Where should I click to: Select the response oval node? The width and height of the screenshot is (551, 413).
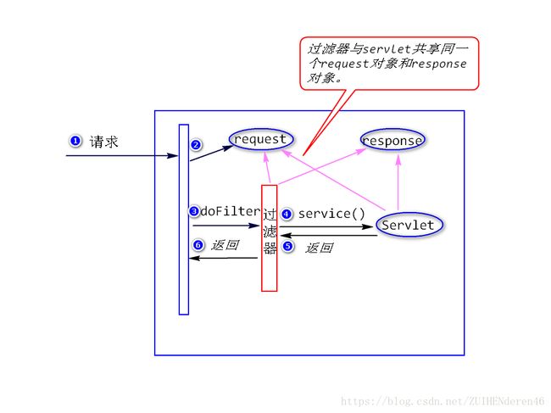[x=392, y=140]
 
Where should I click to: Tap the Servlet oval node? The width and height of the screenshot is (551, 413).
[x=408, y=225]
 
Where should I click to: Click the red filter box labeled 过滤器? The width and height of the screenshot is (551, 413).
[x=270, y=237]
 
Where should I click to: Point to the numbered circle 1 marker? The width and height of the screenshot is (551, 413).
[x=75, y=141]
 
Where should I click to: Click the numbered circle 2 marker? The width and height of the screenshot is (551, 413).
[x=196, y=144]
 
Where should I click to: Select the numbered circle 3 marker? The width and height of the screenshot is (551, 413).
[x=194, y=211]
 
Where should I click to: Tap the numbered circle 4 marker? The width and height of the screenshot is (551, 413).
[x=287, y=214]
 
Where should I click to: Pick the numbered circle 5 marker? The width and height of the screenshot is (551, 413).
[x=287, y=247]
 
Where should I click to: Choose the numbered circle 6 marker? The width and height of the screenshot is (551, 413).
[x=198, y=245]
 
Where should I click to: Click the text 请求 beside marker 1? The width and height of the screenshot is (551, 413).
[x=104, y=142]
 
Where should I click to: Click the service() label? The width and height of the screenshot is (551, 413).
[x=331, y=214]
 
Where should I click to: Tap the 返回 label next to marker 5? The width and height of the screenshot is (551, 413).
[x=319, y=248]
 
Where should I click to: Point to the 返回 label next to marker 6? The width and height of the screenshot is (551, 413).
[x=225, y=245]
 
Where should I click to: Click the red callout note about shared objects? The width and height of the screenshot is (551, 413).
[x=388, y=63]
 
